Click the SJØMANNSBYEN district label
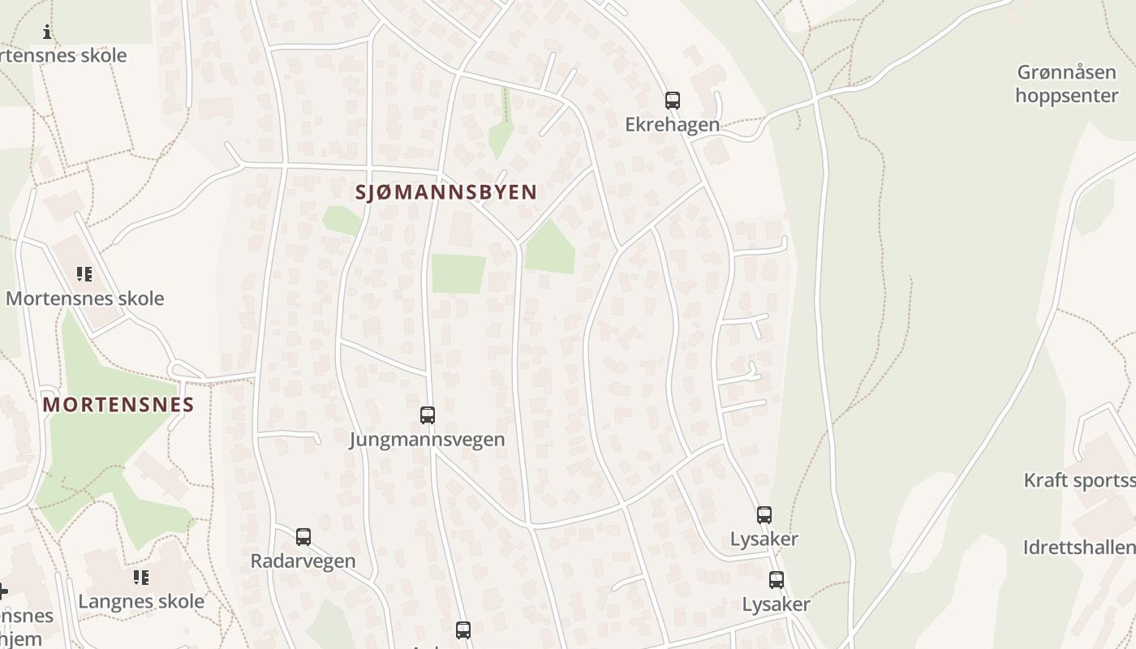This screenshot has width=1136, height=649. (x=446, y=192)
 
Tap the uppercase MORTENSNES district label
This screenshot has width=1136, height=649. (x=118, y=405)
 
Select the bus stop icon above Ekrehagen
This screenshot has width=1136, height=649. (x=673, y=101)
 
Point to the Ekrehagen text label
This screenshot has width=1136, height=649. (x=672, y=124)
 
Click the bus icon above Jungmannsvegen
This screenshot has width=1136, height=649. (x=428, y=415)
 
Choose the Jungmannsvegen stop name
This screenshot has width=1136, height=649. (x=427, y=440)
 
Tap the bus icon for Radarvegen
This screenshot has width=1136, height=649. (x=303, y=537)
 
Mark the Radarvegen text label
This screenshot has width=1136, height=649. (x=303, y=561)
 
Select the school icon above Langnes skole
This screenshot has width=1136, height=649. (x=141, y=578)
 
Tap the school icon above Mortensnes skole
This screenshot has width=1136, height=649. (x=84, y=274)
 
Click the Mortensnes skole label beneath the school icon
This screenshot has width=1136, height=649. (x=84, y=299)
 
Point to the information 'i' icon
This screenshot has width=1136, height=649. (x=47, y=32)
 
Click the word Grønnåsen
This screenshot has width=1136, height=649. (x=1066, y=73)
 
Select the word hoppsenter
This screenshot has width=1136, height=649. (x=1066, y=96)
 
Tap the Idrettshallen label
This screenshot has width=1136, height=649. (x=1079, y=548)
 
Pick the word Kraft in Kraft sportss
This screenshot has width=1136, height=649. (x=1046, y=480)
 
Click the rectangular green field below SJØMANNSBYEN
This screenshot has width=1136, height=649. (x=458, y=274)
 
